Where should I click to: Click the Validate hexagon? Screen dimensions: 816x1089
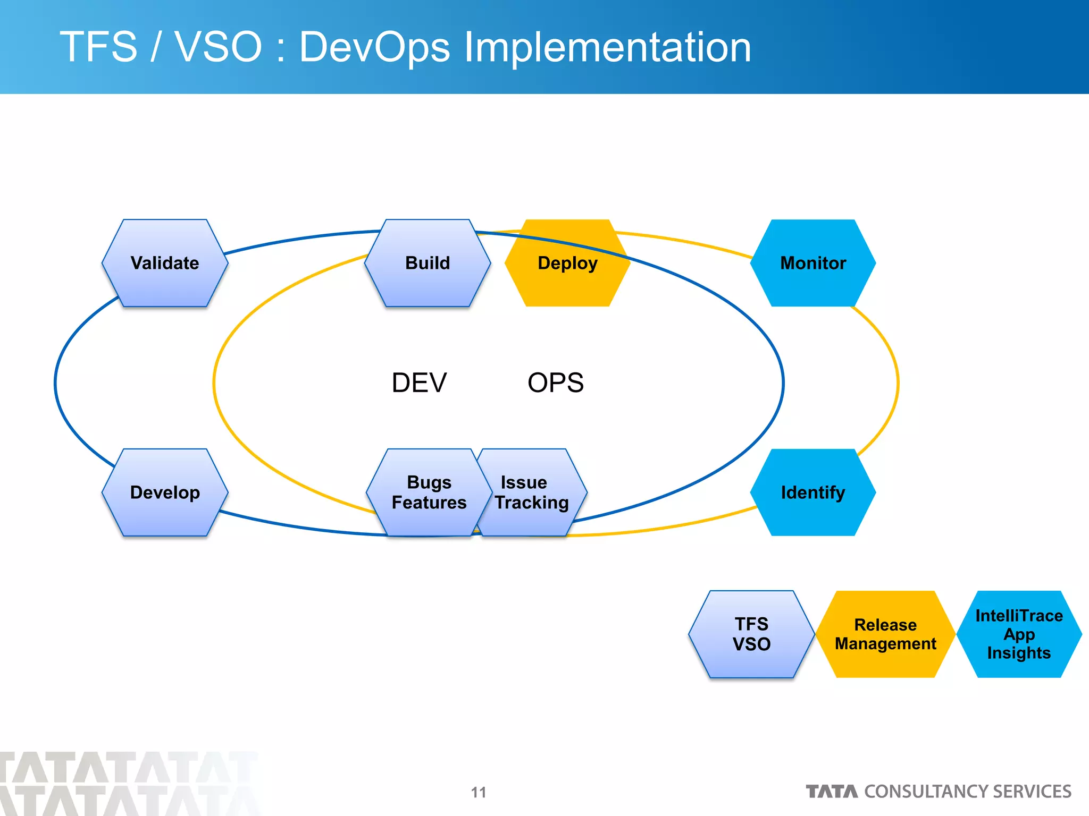165,263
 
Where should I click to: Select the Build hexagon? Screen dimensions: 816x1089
428,263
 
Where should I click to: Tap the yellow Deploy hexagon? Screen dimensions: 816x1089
567,263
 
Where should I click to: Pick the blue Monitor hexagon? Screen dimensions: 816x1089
812,263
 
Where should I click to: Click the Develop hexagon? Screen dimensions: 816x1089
165,492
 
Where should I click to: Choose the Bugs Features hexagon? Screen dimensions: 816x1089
429,492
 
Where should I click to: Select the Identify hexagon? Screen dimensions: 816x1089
812,492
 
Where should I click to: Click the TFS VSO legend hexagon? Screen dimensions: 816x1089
751,634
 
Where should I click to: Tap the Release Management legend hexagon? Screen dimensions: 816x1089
885,634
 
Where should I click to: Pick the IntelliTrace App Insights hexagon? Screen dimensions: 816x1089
1019,634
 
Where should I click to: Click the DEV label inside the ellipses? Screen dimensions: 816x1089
419,382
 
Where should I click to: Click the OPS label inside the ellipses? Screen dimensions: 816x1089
555,382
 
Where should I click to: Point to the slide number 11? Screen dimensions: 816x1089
479,792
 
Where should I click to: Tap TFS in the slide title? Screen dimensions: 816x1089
99,47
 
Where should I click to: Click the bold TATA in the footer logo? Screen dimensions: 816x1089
832,792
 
